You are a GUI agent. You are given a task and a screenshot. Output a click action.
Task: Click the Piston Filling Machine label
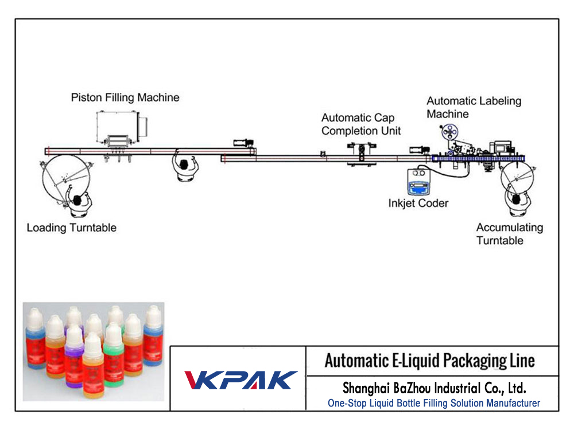click(x=125, y=97)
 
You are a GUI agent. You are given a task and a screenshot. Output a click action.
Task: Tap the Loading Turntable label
click(x=71, y=228)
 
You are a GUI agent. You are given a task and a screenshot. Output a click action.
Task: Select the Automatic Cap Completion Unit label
click(x=361, y=124)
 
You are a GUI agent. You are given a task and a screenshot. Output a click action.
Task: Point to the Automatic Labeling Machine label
click(x=474, y=107)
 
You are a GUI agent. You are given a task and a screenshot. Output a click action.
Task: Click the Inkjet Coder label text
click(x=418, y=203)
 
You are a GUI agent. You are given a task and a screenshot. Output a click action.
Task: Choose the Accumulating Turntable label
click(x=509, y=234)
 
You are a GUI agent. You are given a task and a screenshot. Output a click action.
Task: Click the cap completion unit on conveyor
click(x=361, y=155)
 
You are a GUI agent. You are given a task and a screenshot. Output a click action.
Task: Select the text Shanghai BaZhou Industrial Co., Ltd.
click(x=434, y=387)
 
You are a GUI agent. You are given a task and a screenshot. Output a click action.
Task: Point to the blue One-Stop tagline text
click(x=433, y=403)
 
